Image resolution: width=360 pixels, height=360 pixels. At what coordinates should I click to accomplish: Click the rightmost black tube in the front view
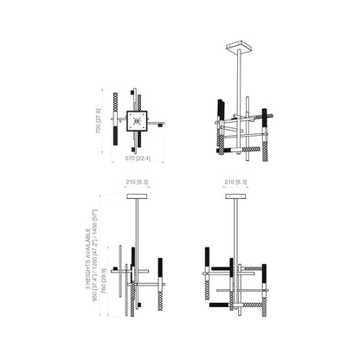(158, 270)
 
